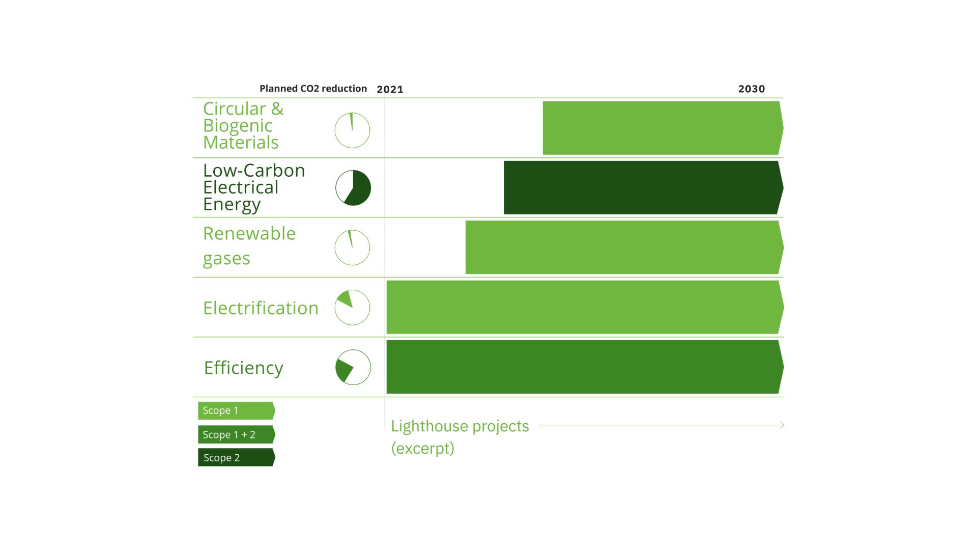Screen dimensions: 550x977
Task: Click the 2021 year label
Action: point(390,89)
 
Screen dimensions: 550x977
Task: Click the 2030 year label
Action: point(751,89)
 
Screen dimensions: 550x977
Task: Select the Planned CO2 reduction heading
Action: point(313,88)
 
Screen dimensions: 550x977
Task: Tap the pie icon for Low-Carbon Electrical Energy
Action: point(353,187)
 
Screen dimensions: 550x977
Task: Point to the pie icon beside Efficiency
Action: point(353,367)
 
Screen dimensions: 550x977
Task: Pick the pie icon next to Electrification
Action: point(352,308)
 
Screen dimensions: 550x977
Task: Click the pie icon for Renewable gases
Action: point(352,248)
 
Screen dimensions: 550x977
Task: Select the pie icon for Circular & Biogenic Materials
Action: point(352,130)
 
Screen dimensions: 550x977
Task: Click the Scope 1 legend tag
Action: point(236,410)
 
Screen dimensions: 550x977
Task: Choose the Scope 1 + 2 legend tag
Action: point(236,434)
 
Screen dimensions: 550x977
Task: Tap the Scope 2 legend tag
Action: point(236,457)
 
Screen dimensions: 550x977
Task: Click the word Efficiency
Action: point(243,368)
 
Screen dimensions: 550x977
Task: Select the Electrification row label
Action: point(261,308)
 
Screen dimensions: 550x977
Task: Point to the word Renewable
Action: point(249,233)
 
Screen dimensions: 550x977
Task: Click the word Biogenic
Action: point(238,125)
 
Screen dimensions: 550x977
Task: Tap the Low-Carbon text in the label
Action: point(254,171)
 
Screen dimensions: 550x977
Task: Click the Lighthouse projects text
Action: point(459,426)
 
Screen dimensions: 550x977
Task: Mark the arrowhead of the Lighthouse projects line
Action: point(782,425)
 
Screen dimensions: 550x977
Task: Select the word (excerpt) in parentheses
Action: point(422,448)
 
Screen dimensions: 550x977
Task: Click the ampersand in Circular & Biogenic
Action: point(277,108)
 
